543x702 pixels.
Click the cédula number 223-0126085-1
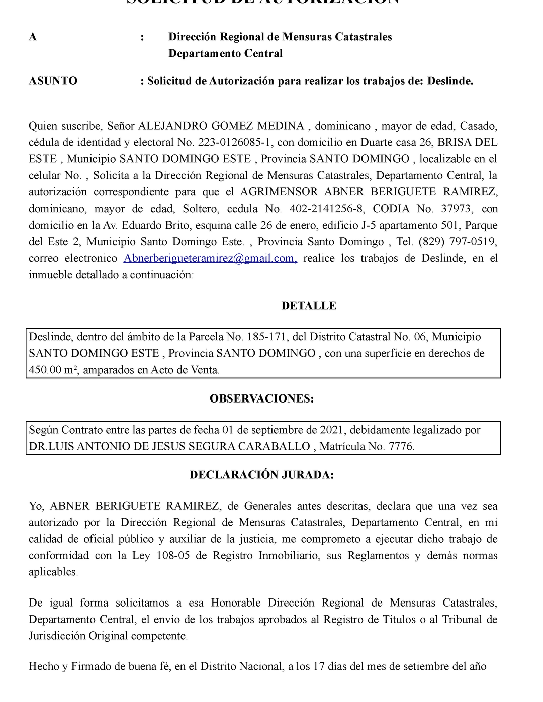coord(235,142)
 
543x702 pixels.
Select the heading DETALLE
coord(309,306)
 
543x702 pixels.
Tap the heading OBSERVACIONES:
coord(261,398)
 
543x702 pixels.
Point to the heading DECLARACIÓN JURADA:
coord(261,475)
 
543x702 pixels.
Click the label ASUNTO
coord(53,81)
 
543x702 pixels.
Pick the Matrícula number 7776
coord(401,446)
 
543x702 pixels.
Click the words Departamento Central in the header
coord(225,53)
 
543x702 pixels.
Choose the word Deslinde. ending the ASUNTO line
coord(450,81)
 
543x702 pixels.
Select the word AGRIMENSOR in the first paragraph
coord(279,192)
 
